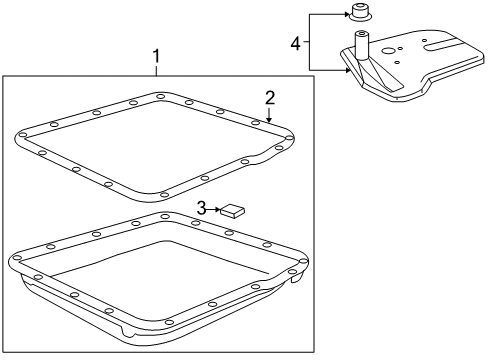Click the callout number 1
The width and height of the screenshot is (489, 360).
pos(156,56)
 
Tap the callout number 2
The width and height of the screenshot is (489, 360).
pos(270,98)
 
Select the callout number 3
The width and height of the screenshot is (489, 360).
pos(201,209)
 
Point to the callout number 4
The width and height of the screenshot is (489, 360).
pos(295,44)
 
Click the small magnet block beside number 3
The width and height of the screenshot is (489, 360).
pos(232,211)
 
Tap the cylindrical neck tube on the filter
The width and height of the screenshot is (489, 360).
pos(361,45)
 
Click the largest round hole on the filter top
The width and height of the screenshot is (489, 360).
pos(389,51)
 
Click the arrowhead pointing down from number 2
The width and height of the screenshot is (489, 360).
pos(269,119)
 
